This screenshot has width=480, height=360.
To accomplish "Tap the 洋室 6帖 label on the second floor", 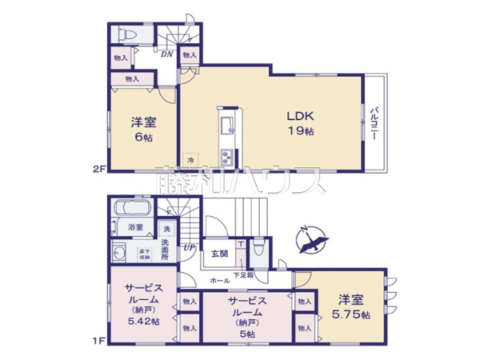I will [143, 129].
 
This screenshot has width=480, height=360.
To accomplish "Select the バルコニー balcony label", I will [373, 122].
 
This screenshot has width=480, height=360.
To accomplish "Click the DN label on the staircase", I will [166, 54].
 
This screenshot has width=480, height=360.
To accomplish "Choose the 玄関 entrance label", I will [218, 254].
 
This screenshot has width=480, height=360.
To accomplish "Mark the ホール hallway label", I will [218, 281].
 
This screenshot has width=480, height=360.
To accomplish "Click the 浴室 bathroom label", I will [136, 228].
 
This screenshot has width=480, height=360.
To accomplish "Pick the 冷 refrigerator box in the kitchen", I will [190, 159].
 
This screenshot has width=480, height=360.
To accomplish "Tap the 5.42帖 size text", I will [143, 321].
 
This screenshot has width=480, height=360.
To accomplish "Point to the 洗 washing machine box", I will [166, 230].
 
